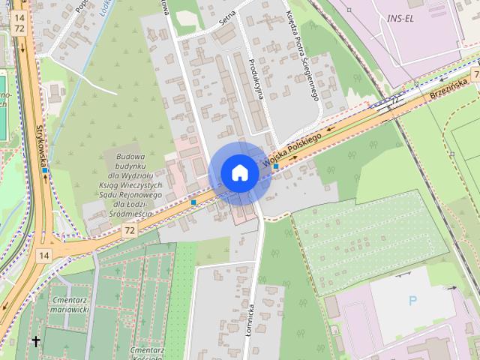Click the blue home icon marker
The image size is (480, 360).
point(239,172)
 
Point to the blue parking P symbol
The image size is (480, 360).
point(412,301)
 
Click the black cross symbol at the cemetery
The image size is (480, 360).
point(34,342)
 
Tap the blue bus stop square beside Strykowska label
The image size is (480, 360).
point(45,170)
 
